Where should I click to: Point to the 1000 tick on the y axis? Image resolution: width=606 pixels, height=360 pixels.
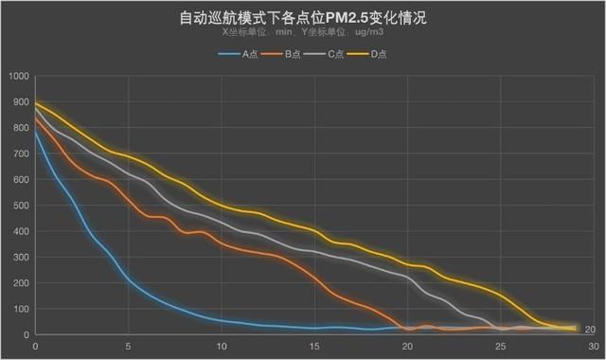tap(19, 77)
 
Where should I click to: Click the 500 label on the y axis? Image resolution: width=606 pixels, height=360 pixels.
tap(21, 206)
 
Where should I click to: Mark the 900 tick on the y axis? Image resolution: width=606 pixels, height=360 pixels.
tap(21, 102)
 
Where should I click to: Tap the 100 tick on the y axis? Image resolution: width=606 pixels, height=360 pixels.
tap(21, 309)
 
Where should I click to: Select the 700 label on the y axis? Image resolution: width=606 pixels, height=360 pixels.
tap(21, 154)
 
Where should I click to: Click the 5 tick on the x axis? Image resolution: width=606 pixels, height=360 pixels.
tap(128, 347)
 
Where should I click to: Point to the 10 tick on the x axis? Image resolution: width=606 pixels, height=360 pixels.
tap(221, 347)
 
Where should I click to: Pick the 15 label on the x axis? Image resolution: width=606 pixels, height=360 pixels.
tap(313, 347)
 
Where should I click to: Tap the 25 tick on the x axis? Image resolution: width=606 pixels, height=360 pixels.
tap(500, 347)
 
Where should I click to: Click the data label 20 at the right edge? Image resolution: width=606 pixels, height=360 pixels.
tap(589, 330)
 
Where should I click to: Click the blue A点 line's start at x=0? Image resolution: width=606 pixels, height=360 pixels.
tap(35, 132)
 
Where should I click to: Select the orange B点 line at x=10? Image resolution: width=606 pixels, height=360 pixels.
tap(221, 243)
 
